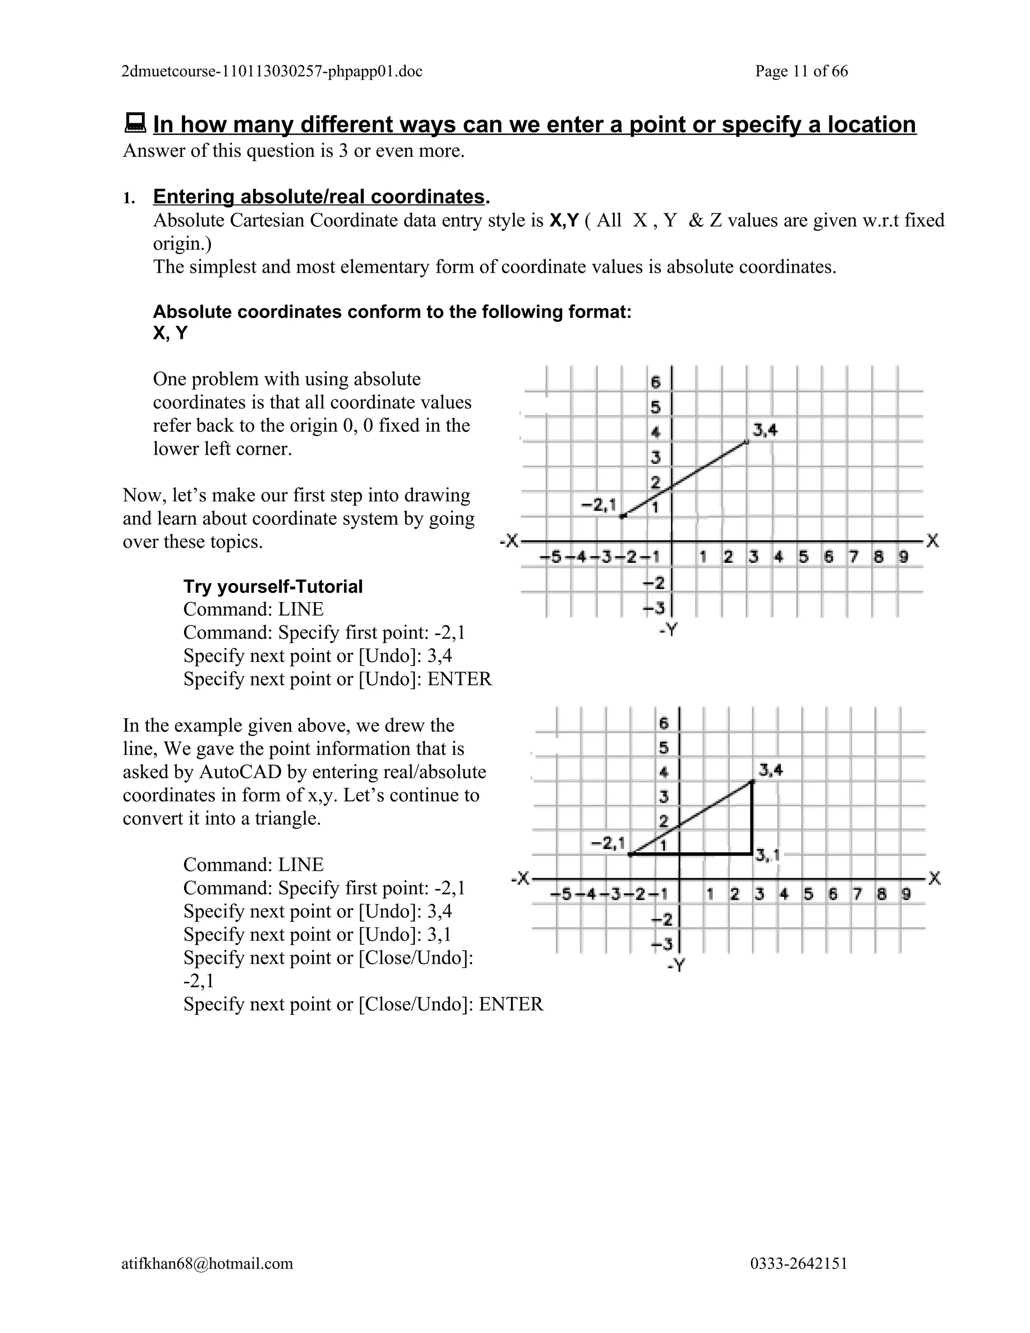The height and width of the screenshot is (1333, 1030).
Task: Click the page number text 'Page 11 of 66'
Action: click(x=801, y=71)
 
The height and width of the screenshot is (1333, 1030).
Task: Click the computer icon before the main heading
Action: click(x=135, y=123)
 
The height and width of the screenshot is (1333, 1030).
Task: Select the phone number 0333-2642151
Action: click(x=798, y=1263)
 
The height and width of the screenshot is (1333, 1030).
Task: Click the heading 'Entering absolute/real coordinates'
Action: click(x=318, y=197)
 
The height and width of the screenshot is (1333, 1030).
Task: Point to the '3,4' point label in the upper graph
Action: click(x=764, y=431)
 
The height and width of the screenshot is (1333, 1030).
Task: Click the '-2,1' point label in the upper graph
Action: click(x=598, y=505)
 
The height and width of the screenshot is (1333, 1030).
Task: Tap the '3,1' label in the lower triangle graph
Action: click(x=767, y=856)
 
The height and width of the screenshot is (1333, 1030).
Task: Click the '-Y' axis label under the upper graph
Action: click(x=668, y=630)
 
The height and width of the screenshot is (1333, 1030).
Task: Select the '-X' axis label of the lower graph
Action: click(x=521, y=879)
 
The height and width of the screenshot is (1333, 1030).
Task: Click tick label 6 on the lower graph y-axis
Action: click(x=664, y=723)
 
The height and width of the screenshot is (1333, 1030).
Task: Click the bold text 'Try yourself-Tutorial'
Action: click(x=273, y=587)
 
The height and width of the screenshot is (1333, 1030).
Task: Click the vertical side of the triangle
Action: click(x=752, y=818)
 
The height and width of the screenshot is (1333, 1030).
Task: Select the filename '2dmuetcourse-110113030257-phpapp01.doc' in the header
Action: click(x=272, y=71)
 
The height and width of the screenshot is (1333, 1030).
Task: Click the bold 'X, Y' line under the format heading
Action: click(x=170, y=333)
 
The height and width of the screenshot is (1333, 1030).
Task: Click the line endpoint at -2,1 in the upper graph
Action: click(x=622, y=517)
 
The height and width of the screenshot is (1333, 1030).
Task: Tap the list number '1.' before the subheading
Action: click(x=129, y=198)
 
